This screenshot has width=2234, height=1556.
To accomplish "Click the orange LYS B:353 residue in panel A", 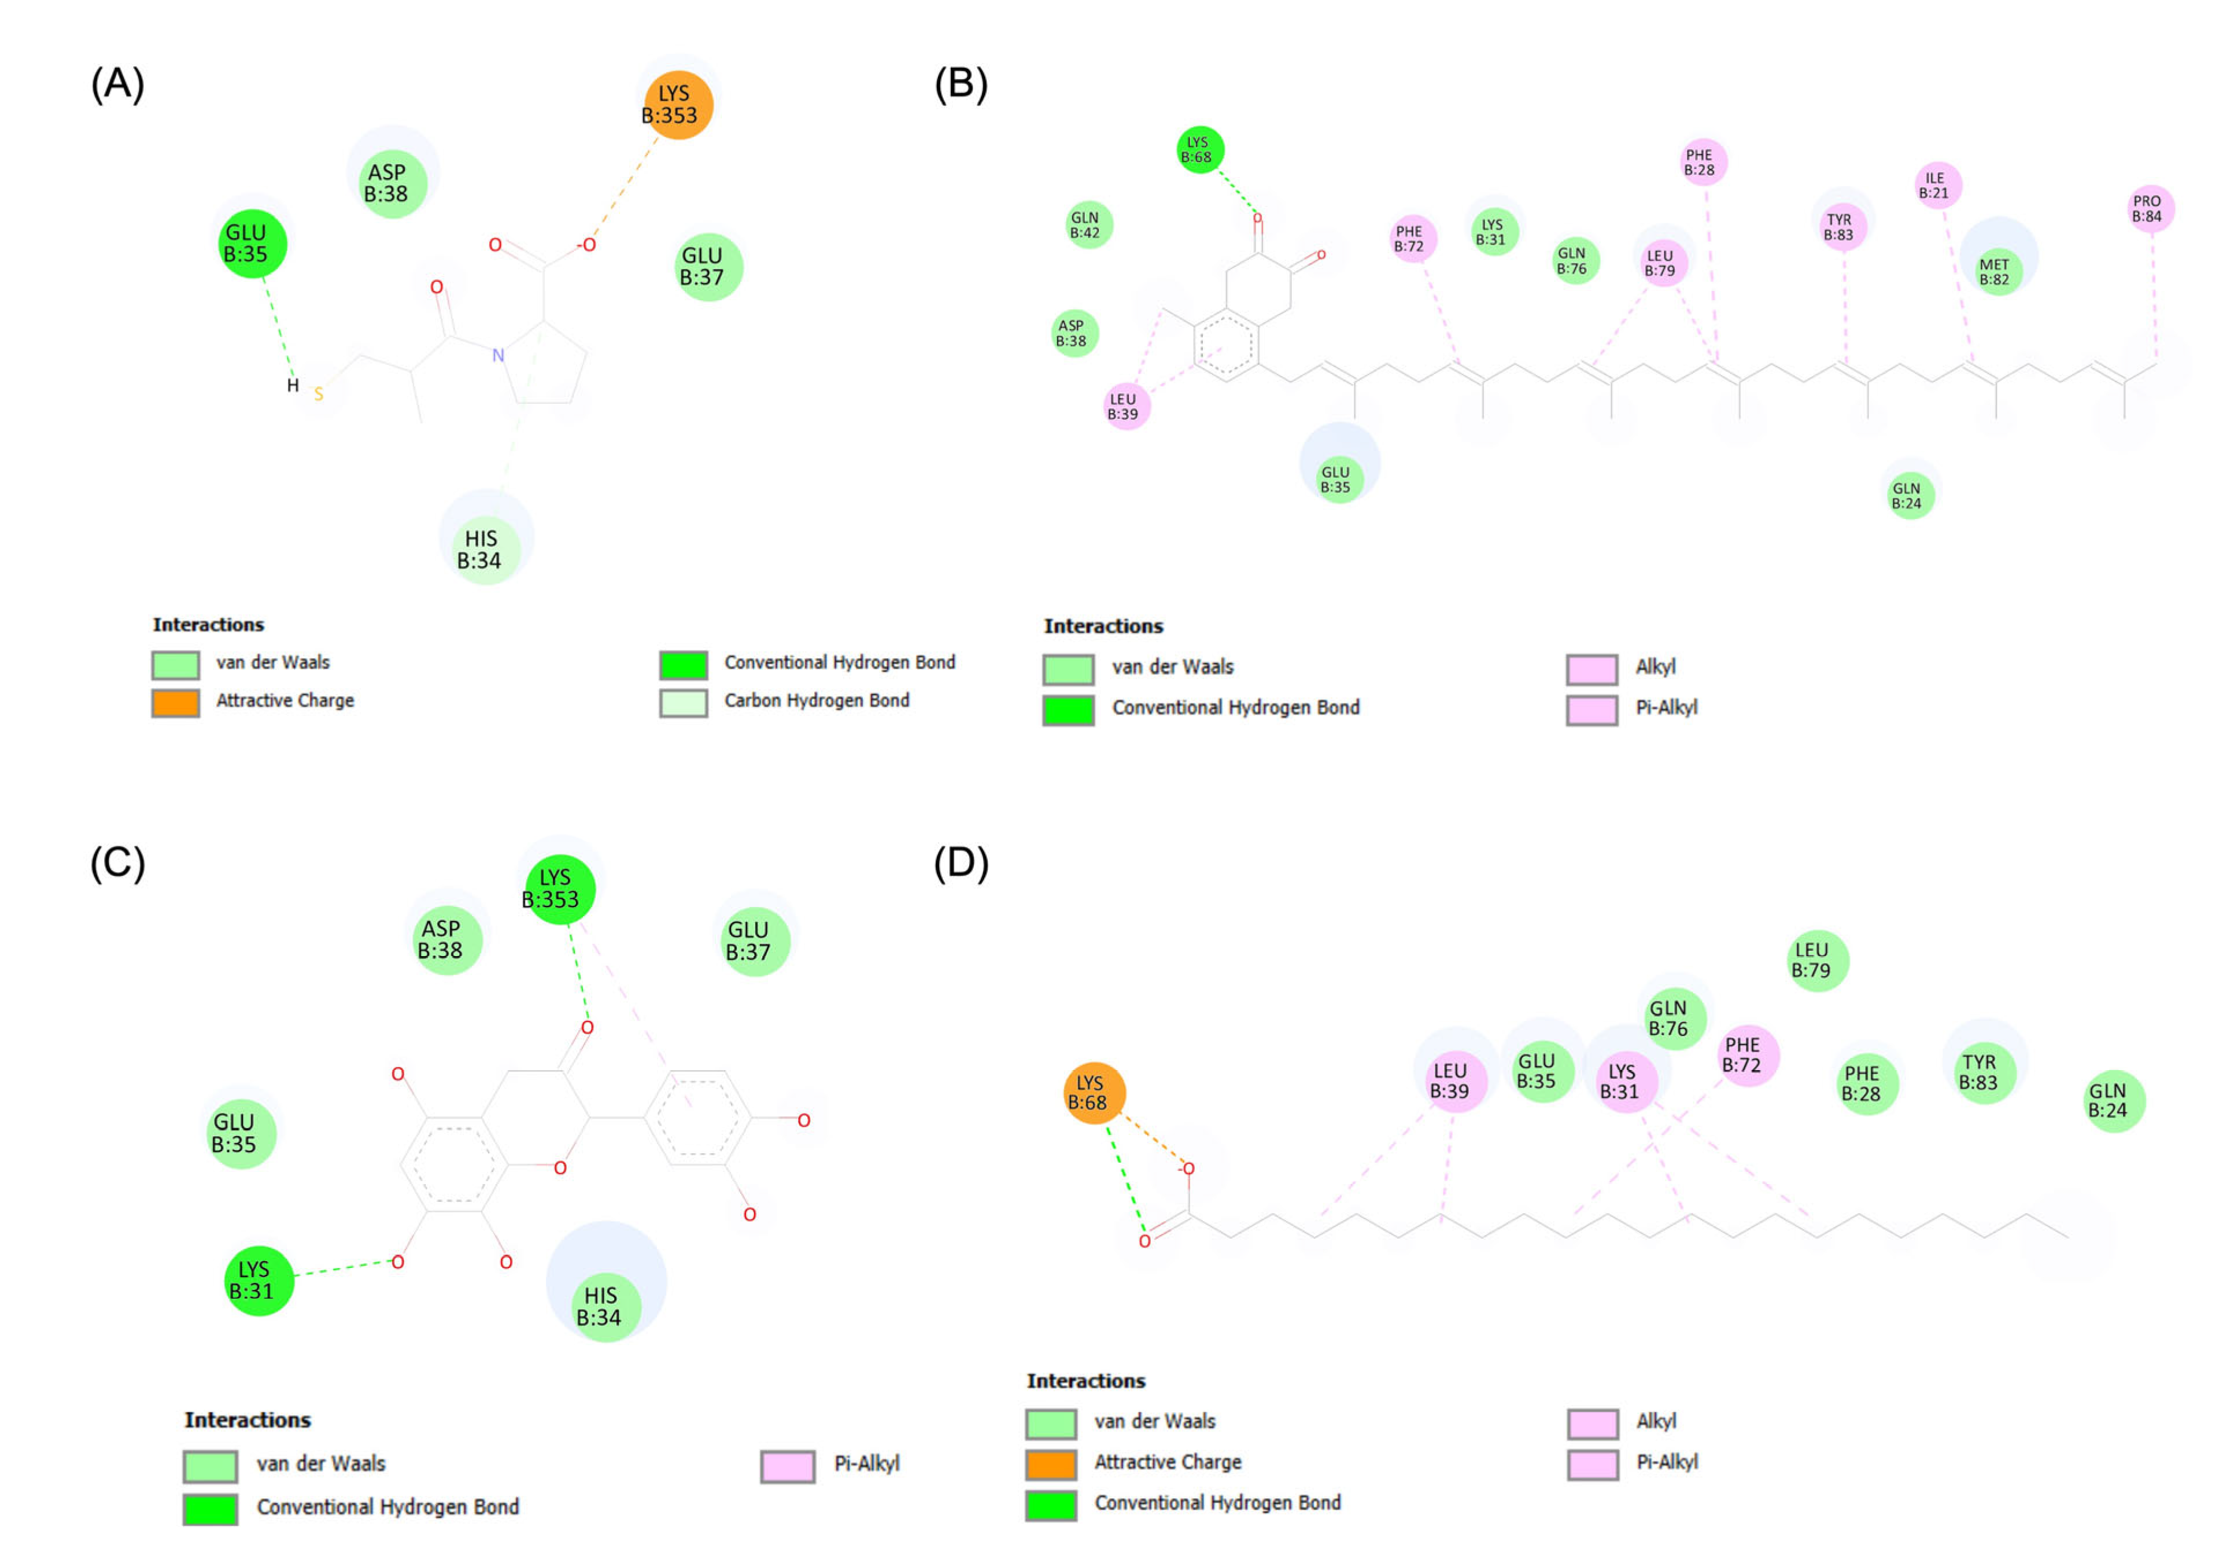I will tap(677, 105).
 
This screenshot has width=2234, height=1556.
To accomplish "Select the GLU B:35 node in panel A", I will tap(252, 244).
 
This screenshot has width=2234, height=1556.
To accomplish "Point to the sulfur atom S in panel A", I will tap(318, 394).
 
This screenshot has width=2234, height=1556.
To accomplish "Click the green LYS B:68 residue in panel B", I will tap(1200, 150).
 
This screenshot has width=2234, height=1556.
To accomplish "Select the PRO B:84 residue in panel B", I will tap(2150, 208).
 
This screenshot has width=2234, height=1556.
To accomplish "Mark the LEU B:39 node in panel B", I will tap(1126, 407).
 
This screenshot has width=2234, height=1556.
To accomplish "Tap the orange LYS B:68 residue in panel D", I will tap(1094, 1093).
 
